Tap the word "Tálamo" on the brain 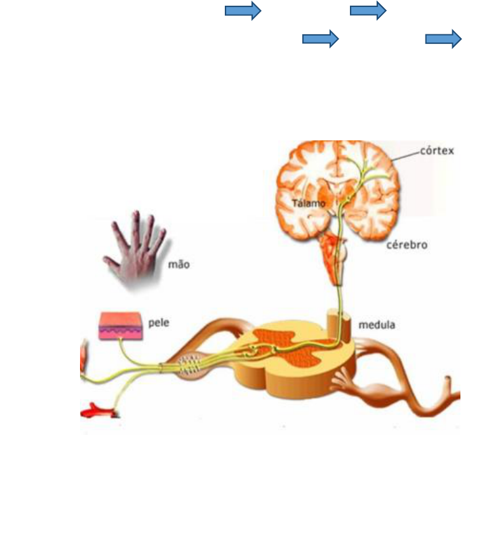(309, 204)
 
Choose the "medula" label (377, 325)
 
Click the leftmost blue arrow (243, 11)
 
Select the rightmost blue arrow (443, 39)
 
